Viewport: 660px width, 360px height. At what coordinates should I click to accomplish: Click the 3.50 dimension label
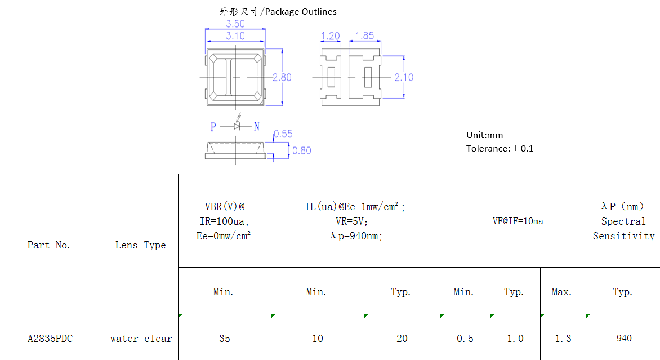pos(235,24)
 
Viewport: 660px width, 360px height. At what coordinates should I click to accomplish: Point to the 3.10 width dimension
pos(235,36)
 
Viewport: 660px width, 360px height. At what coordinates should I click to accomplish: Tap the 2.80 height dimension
pos(282,77)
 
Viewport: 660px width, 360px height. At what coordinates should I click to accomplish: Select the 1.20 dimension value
pos(330,36)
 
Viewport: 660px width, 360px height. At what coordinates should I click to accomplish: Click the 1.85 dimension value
pos(364,36)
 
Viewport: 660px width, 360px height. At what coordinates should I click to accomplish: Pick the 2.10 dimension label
pos(404,77)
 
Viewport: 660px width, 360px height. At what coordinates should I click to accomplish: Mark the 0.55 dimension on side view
pos(283,134)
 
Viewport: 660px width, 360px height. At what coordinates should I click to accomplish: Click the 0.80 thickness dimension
pos(301,150)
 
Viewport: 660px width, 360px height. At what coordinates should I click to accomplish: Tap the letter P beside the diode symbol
pos(213,127)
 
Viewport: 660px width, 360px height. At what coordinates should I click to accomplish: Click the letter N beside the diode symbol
pos(256,127)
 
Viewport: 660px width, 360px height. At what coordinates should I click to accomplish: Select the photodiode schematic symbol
pos(237,125)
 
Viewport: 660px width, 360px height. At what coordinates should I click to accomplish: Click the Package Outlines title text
pos(278,11)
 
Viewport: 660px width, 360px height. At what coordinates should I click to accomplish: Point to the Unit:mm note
pos(484,135)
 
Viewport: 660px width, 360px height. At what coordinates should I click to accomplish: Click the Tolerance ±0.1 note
pos(500,149)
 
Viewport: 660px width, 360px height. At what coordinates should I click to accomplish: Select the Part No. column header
pos(49,245)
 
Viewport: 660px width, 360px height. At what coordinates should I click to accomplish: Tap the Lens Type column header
pos(140,245)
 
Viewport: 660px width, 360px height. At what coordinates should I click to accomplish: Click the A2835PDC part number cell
pos(50,339)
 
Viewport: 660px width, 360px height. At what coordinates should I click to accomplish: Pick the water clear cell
pos(141,339)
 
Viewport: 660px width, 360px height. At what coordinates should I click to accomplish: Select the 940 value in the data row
pos(623,339)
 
